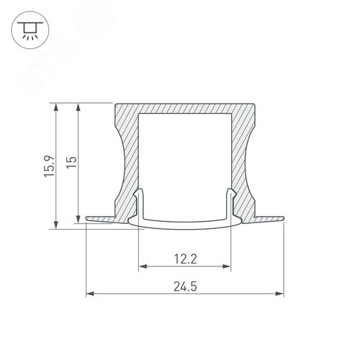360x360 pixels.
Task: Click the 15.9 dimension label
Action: point(50,166)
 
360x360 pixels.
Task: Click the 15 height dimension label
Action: point(71,162)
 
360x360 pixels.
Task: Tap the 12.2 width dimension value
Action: point(185,259)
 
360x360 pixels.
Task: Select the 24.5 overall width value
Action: point(185,287)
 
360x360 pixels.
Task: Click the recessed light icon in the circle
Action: point(30,30)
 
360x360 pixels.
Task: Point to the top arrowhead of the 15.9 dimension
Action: point(56,107)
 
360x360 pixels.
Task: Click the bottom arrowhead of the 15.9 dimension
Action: point(56,225)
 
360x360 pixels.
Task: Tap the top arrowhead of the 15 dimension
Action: point(78,107)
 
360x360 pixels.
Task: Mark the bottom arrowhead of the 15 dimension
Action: point(78,219)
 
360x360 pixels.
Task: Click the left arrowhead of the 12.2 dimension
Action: point(143,266)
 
